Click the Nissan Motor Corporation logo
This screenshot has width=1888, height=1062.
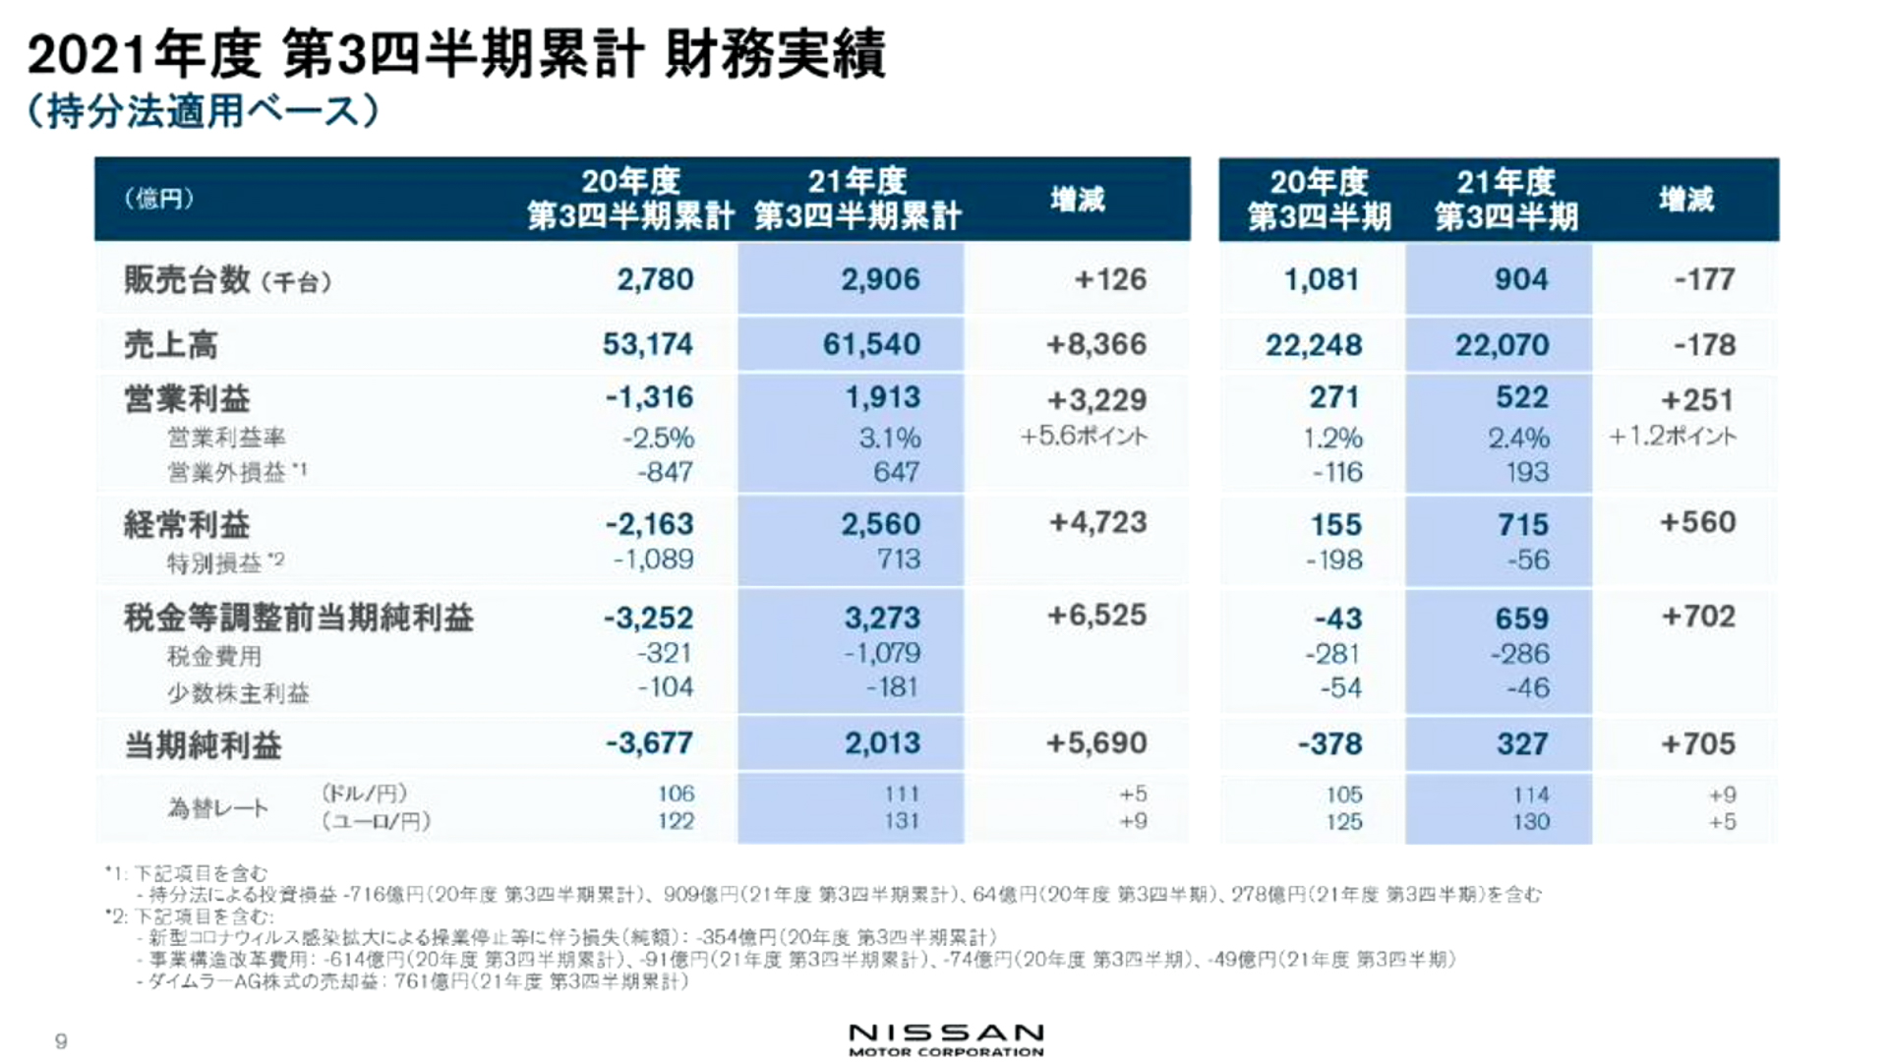pos(946,1038)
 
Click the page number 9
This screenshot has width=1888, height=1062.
pos(61,1041)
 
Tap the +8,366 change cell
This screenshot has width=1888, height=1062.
pos(1095,344)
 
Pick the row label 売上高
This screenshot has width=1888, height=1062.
pos(170,345)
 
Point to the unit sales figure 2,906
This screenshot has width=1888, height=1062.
pos(880,279)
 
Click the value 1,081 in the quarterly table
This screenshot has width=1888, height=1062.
pos(1321,279)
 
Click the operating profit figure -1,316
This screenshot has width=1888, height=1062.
pos(649,397)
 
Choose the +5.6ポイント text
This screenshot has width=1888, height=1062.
pos(1084,436)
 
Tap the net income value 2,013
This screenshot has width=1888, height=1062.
pos(882,743)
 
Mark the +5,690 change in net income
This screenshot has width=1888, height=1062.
pos(1095,743)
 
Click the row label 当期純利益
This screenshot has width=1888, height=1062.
pos(203,745)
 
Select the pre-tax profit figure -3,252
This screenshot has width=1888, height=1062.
pos(648,619)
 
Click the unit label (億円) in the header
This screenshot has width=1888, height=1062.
pos(158,199)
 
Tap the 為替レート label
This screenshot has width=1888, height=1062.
pos(217,808)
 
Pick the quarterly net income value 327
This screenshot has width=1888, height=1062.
pos(1521,744)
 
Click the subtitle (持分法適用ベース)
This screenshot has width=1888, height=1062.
pos(203,111)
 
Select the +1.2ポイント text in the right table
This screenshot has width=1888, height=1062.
pos(1673,436)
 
